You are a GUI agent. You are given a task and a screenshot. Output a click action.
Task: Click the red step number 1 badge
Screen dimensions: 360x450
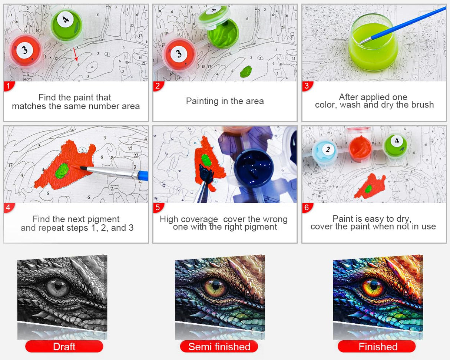tap(9, 86)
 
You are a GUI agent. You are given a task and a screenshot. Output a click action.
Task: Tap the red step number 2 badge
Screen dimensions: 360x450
tap(158, 86)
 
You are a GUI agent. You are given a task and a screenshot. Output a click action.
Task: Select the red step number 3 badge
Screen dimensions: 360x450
tap(307, 86)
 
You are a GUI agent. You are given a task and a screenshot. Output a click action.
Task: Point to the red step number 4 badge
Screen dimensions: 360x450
tap(9, 208)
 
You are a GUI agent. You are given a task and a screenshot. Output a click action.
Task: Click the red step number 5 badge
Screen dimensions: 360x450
tap(158, 208)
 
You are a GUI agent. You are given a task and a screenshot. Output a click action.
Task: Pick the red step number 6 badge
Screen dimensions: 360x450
tap(307, 208)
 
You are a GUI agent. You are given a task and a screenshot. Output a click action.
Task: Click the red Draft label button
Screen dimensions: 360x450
tap(64, 347)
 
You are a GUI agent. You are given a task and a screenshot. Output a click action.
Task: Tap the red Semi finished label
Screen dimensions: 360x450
tap(219, 347)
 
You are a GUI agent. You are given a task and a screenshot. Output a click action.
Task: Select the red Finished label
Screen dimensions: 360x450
tap(377, 347)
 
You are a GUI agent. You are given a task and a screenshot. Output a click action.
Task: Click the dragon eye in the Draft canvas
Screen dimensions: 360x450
tap(58, 286)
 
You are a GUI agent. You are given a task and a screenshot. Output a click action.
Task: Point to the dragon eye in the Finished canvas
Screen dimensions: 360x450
tap(373, 286)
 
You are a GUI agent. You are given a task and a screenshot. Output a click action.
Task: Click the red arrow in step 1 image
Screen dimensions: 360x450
tap(75, 54)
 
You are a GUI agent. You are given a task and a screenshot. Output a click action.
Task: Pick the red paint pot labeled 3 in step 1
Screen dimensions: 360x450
tap(24, 50)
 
